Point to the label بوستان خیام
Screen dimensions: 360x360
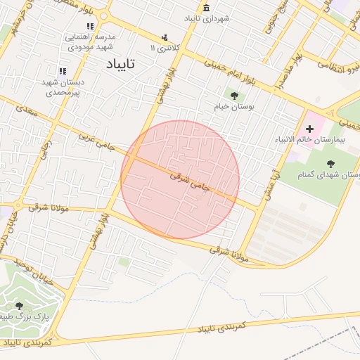pos(233,108)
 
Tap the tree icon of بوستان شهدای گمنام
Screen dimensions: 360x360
pos(330,163)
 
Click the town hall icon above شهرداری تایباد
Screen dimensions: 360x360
pos(206,8)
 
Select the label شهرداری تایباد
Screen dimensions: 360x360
pos(205,18)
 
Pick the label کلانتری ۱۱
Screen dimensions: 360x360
pos(165,47)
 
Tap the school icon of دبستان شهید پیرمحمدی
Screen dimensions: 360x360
pos(62,71)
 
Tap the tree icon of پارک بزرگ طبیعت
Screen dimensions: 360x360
pos(19,306)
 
